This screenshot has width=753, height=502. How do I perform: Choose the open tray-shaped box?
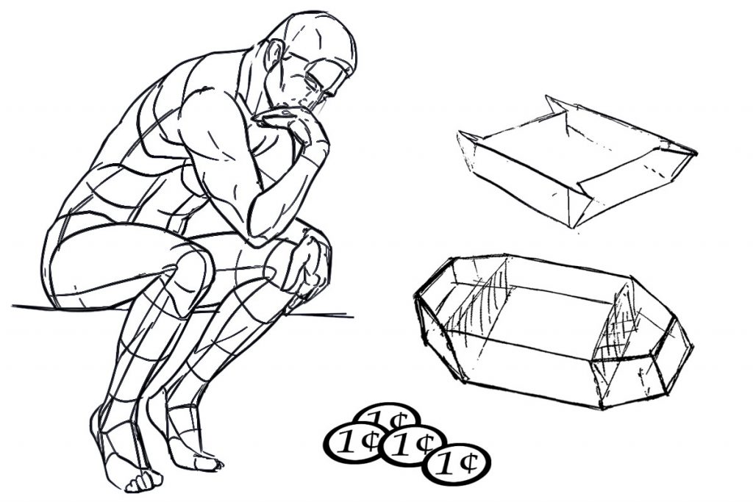pyautogui.click(x=577, y=161)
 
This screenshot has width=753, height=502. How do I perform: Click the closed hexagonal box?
pyautogui.click(x=552, y=331)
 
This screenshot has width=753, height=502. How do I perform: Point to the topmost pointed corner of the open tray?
pyautogui.click(x=546, y=96)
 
